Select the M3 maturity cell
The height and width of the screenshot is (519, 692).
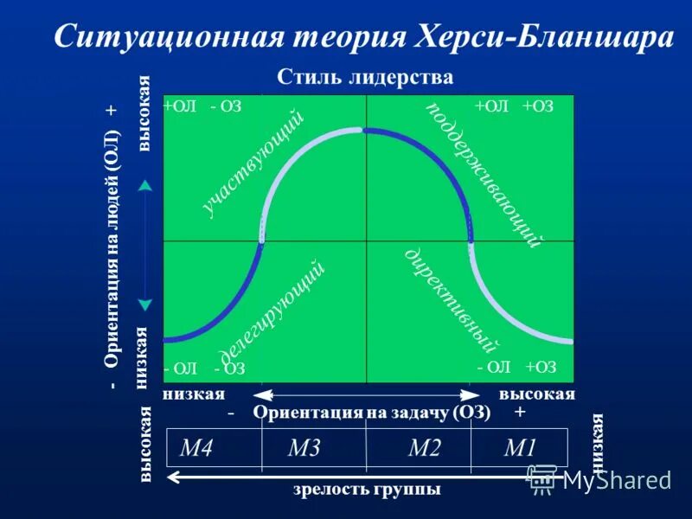304,448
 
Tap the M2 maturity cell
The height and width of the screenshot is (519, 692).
424,448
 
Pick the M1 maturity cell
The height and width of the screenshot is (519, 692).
521,448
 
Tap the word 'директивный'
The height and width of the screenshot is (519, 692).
453,300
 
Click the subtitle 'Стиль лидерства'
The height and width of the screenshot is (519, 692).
365,77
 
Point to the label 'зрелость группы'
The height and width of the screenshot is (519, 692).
367,489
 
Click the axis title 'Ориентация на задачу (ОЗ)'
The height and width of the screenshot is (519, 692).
372,413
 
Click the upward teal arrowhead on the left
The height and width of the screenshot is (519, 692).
145,184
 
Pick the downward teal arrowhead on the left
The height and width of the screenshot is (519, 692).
145,304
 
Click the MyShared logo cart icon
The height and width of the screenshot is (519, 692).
542,477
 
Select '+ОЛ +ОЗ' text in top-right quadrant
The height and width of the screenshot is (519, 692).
513,106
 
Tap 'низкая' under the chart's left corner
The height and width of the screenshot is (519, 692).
193,394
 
